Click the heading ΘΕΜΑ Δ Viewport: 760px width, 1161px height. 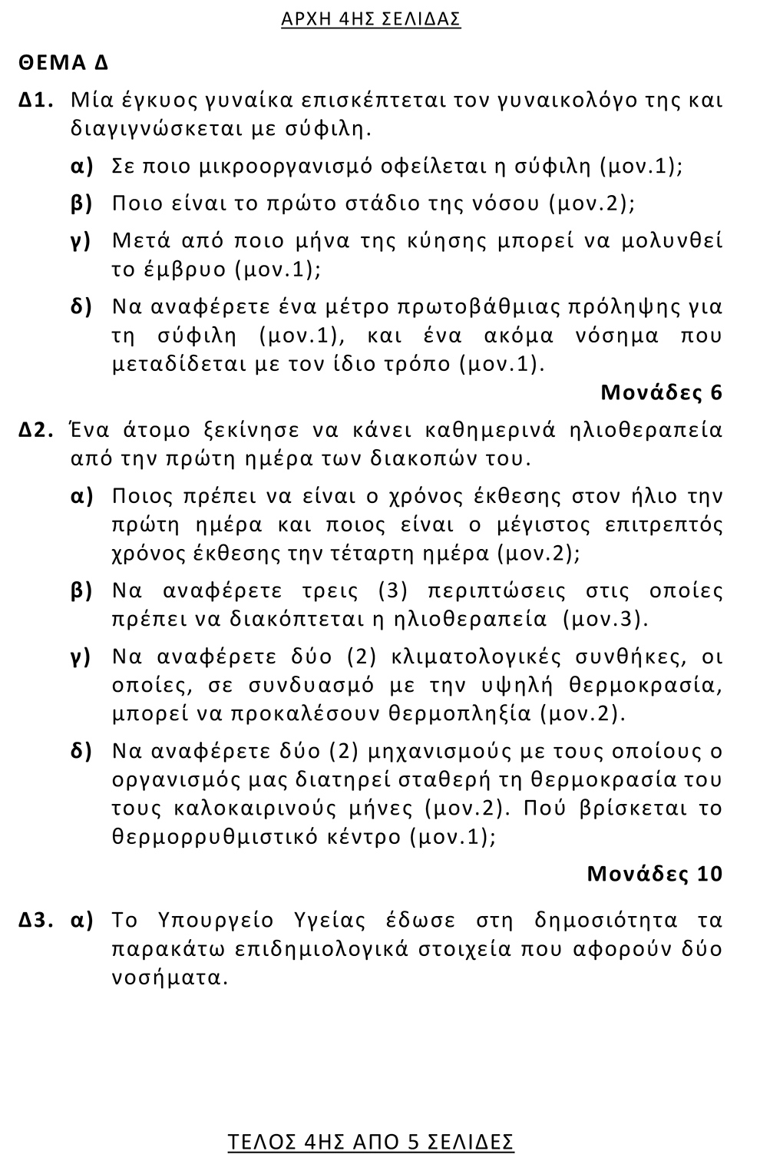coord(64,63)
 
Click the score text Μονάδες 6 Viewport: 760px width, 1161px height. coord(661,393)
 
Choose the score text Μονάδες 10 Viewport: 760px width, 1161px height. coord(654,874)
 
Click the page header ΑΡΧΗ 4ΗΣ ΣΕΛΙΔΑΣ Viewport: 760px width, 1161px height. coord(371,19)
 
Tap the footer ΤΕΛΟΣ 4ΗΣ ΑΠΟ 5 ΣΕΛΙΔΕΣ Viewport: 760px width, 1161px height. coord(371,1142)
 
